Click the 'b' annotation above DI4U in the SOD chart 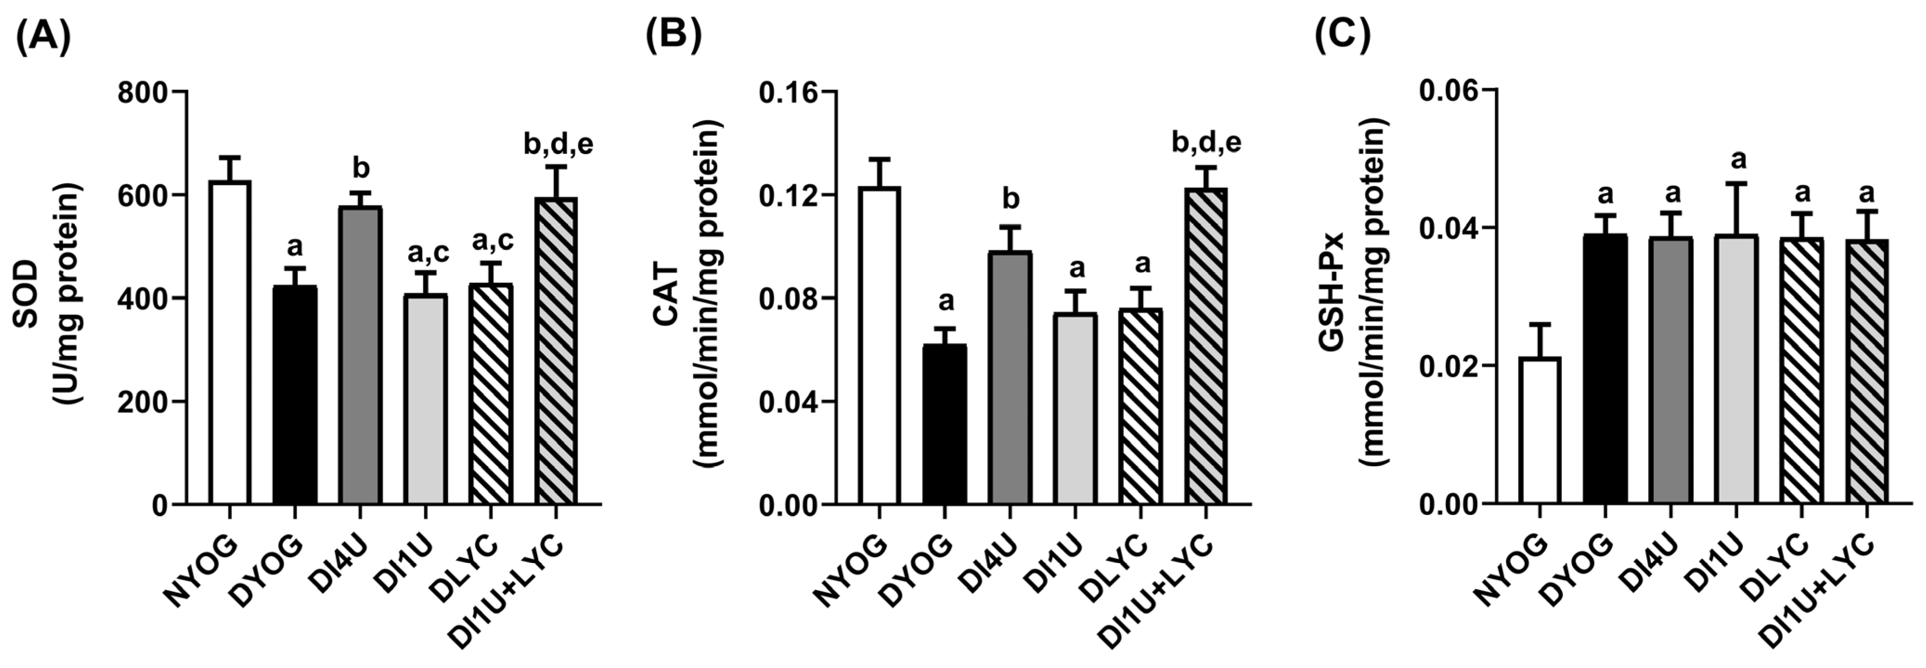tap(360, 168)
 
